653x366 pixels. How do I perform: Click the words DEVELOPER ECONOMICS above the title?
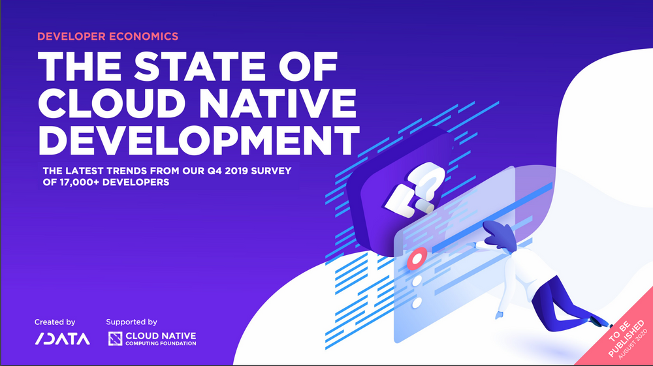pyautogui.click(x=108, y=37)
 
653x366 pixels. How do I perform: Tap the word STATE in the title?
pyautogui.click(x=200, y=66)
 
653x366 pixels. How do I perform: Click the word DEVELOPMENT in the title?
pyautogui.click(x=199, y=140)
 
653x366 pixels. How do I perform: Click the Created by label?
pyautogui.click(x=55, y=322)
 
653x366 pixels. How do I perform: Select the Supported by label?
pyautogui.click(x=132, y=322)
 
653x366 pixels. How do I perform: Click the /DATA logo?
pyautogui.click(x=63, y=339)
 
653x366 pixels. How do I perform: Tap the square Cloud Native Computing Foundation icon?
pyautogui.click(x=116, y=339)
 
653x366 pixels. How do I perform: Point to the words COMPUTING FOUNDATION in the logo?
pyautogui.click(x=161, y=344)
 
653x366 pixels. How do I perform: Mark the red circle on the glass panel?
pyautogui.click(x=417, y=258)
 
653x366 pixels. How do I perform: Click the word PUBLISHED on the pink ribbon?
pyautogui.click(x=626, y=339)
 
